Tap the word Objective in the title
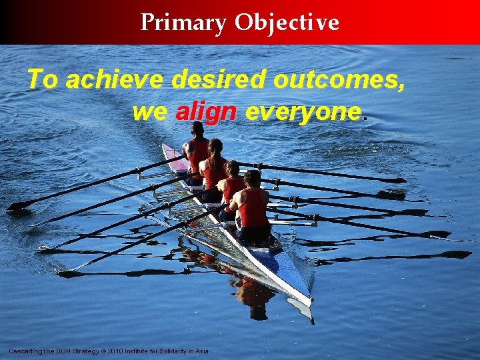(x=287, y=23)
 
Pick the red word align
(x=206, y=112)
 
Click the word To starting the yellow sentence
(x=43, y=81)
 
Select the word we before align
(x=150, y=112)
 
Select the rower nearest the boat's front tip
(x=252, y=203)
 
